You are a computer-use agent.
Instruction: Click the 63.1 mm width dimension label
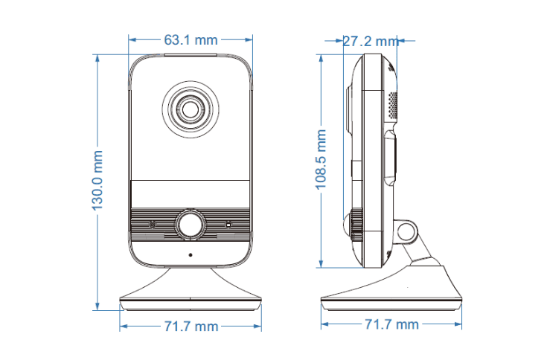click(191, 40)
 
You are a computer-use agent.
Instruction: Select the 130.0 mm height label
click(97, 180)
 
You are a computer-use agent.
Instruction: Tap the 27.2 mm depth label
click(371, 41)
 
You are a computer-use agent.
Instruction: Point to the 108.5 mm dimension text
click(321, 159)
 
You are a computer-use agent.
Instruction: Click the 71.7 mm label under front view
click(191, 327)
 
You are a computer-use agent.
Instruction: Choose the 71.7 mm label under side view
click(391, 324)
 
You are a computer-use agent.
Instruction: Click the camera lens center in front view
click(191, 109)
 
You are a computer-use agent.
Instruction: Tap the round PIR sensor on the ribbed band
click(190, 225)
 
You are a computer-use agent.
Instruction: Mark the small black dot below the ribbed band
click(191, 255)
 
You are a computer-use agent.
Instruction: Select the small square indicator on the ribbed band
click(228, 225)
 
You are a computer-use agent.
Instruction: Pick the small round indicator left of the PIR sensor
click(153, 225)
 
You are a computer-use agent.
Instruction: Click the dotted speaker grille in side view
click(392, 105)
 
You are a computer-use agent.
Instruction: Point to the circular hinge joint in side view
click(406, 231)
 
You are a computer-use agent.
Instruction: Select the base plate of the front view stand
click(191, 303)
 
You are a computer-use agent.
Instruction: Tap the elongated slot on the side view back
click(391, 158)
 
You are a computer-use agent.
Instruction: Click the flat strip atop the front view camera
click(191, 54)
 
